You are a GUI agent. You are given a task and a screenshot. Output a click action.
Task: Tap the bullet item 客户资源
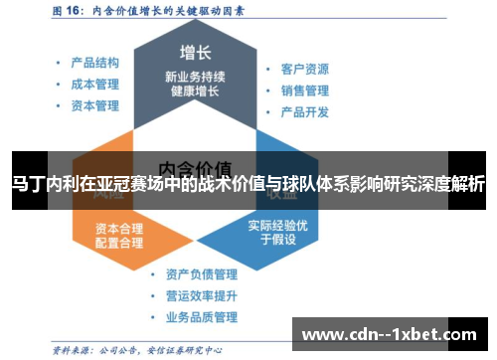tap(304, 70)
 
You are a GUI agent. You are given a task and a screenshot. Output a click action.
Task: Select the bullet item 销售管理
tap(304, 90)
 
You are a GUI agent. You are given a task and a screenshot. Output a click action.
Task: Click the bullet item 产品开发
tap(304, 111)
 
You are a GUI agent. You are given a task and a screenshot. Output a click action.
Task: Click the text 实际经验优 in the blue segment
tap(278, 224)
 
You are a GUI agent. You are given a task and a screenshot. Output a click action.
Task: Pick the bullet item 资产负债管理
tap(202, 273)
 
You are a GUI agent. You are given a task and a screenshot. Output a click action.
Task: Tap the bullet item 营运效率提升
tap(202, 295)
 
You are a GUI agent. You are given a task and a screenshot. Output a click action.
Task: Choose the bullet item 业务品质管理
tap(202, 317)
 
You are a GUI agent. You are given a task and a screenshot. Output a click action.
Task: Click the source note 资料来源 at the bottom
tap(72, 348)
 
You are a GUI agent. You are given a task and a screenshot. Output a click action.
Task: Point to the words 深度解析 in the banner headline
tap(451, 184)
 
